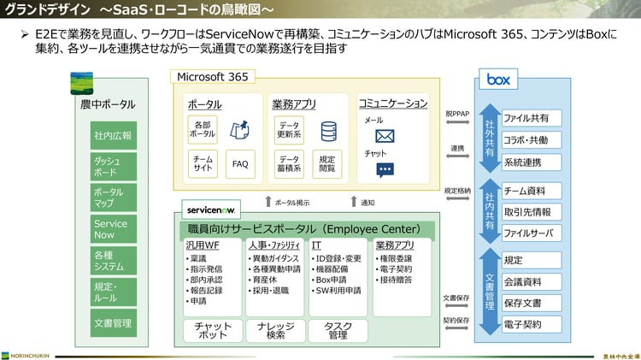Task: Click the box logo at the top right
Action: (499, 80)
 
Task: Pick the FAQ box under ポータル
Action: (240, 163)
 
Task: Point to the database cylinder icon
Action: (328, 131)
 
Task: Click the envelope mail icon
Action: (384, 136)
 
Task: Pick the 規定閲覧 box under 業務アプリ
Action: (326, 163)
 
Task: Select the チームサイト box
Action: (203, 163)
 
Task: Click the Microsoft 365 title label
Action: (213, 77)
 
